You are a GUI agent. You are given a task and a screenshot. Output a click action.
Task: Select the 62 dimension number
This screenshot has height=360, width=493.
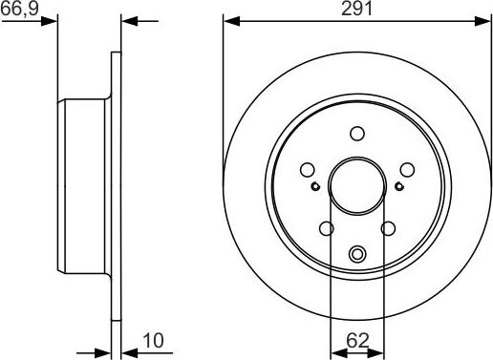click(356, 338)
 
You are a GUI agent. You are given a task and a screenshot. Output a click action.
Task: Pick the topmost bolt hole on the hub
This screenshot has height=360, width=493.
click(357, 134)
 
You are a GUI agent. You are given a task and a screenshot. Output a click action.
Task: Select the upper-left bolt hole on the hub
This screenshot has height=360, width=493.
click(308, 170)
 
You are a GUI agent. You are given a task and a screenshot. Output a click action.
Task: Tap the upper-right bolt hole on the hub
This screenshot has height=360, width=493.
click(406, 170)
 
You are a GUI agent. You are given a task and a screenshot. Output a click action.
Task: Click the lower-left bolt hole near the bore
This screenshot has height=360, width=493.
click(326, 228)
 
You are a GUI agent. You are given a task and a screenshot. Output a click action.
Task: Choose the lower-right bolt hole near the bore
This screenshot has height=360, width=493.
click(388, 228)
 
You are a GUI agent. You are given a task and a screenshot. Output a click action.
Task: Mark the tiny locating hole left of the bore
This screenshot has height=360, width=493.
click(315, 185)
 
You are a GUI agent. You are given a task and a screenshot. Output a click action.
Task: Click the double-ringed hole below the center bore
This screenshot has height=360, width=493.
click(357, 254)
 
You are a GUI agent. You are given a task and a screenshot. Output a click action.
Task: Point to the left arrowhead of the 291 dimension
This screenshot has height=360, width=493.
click(228, 19)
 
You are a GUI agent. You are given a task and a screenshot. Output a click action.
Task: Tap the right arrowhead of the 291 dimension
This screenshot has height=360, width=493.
click(485, 19)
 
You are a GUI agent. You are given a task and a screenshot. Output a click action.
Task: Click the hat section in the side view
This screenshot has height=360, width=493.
click(86, 181)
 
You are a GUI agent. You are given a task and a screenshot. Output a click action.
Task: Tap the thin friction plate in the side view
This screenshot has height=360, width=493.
click(118, 181)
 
